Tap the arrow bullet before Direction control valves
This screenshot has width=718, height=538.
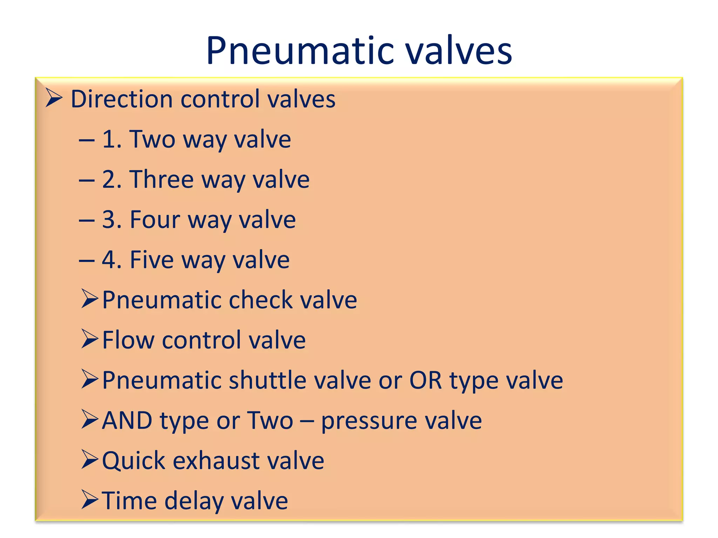click(54, 98)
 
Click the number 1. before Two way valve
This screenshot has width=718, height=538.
click(112, 139)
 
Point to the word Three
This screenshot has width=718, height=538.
click(162, 179)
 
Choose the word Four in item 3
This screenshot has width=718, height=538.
click(155, 220)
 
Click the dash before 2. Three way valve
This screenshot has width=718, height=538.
click(87, 180)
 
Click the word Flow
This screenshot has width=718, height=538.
click(128, 340)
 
